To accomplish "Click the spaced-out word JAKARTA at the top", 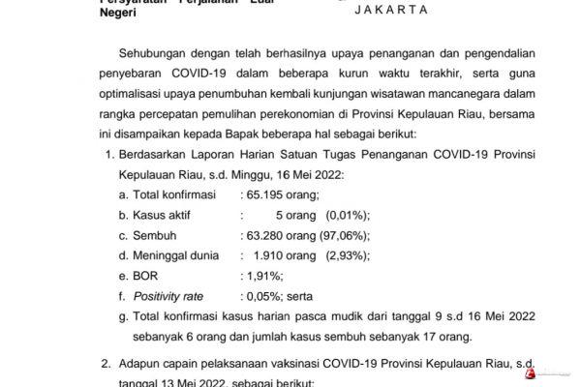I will tap(376, 10).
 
